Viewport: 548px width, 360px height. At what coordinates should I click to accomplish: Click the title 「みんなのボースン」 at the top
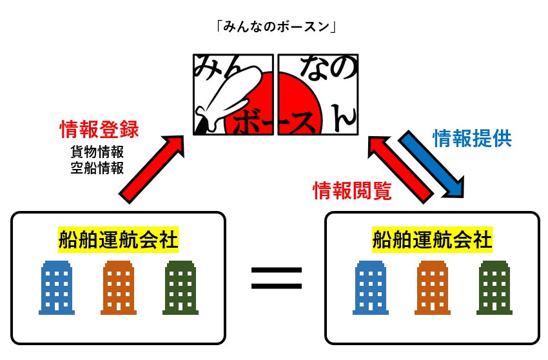click(273, 26)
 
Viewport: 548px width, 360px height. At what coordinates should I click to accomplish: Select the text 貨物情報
click(97, 153)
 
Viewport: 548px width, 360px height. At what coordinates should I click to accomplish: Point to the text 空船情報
click(97, 167)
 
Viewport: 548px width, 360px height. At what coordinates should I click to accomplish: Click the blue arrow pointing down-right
click(431, 164)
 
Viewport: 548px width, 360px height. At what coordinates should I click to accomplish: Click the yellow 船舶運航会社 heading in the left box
click(118, 241)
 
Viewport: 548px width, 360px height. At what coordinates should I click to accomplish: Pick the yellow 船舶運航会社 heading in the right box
click(432, 241)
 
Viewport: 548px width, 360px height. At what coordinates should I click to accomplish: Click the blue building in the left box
click(57, 288)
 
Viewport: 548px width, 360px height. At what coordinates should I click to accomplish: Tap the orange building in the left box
click(119, 288)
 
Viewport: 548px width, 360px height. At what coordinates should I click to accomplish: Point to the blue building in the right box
click(371, 288)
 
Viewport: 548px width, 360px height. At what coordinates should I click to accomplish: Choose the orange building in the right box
click(433, 288)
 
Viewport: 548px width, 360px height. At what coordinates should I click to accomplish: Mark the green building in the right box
click(494, 288)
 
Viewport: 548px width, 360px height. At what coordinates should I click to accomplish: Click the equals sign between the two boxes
click(276, 278)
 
